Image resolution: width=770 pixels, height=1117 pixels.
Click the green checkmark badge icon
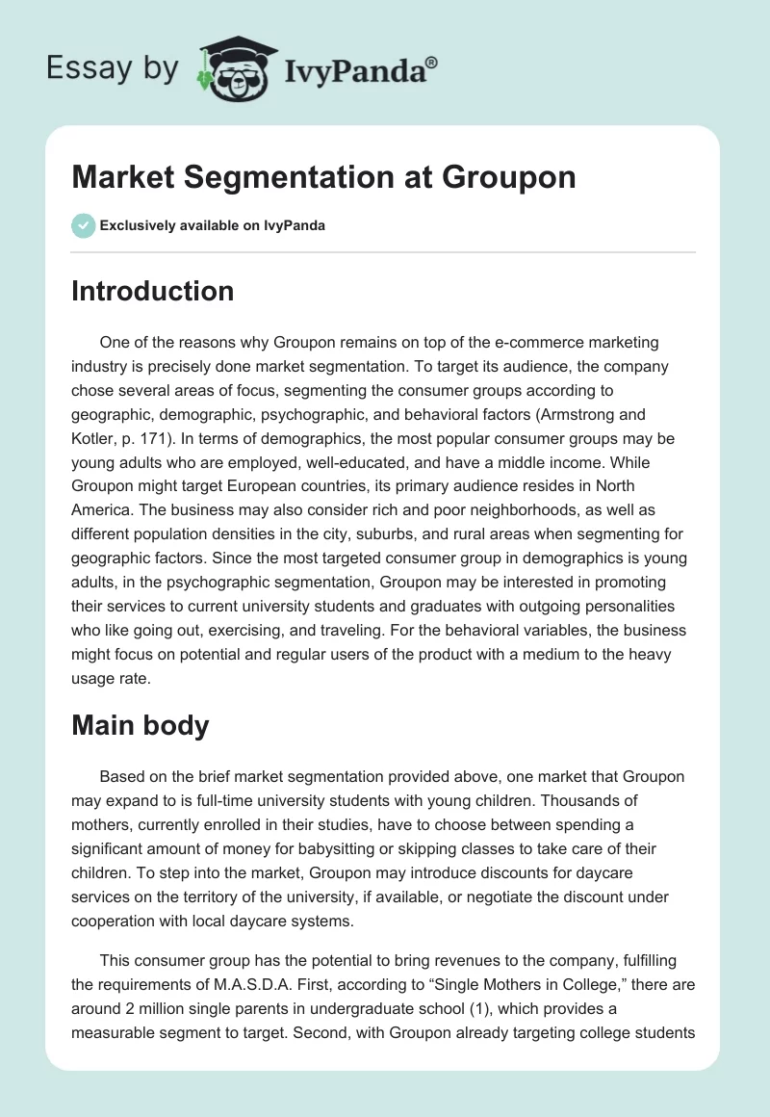point(83,225)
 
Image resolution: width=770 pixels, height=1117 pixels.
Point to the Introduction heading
point(152,291)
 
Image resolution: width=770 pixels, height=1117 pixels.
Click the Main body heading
point(140,725)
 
